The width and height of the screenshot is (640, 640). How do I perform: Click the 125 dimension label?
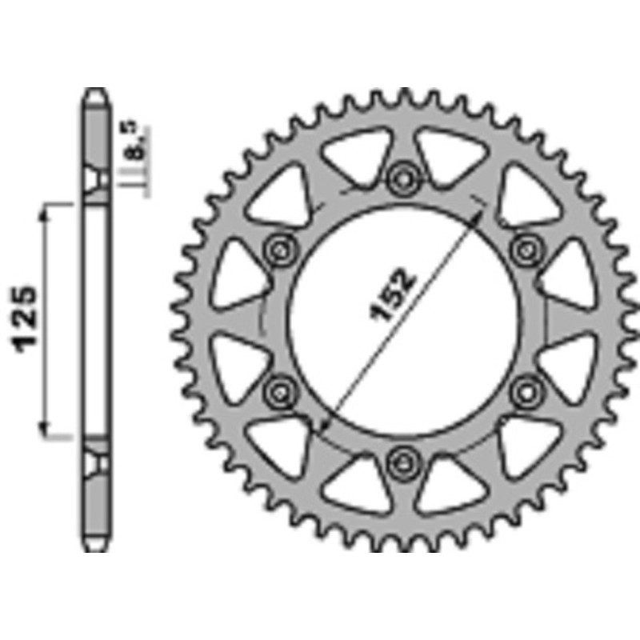(x=26, y=318)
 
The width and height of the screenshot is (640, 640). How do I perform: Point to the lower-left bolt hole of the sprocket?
(x=278, y=390)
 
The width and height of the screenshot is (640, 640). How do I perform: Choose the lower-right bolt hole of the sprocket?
(x=525, y=390)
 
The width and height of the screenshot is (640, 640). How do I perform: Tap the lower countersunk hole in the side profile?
(x=95, y=461)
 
